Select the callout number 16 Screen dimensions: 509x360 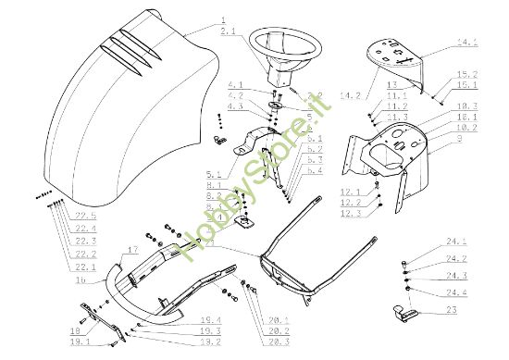tap(82, 279)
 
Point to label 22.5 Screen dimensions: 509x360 tap(86, 216)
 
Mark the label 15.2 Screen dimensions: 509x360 tap(467, 73)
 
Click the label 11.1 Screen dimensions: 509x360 tap(396, 95)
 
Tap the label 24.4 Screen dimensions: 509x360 tap(456, 292)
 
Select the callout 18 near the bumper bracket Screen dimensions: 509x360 tap(76, 329)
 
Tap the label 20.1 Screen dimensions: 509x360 tap(277, 320)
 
